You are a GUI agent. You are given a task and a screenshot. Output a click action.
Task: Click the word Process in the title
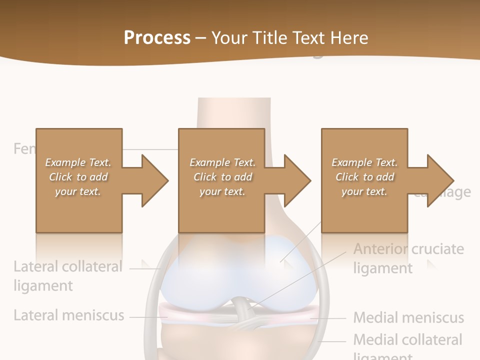[x=157, y=37]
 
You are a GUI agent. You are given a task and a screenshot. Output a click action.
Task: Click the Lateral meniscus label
[x=68, y=315]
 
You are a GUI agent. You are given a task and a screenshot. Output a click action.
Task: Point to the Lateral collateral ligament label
[x=67, y=275]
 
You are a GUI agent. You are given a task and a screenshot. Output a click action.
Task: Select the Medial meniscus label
[x=408, y=317]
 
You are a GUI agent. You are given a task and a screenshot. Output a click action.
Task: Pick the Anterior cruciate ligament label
[x=408, y=258]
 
